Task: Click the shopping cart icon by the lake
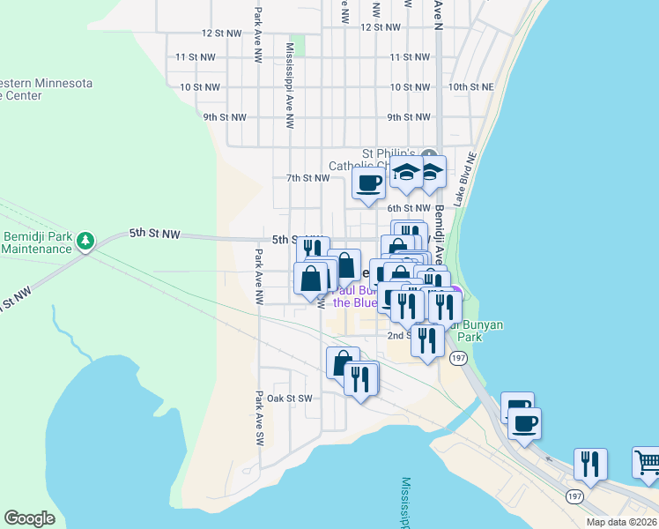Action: pyautogui.click(x=647, y=461)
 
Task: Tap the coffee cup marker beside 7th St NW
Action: pyautogui.click(x=368, y=184)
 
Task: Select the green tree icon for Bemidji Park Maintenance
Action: pyautogui.click(x=85, y=241)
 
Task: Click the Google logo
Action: pyautogui.click(x=29, y=518)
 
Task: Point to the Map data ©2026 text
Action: pyautogui.click(x=622, y=522)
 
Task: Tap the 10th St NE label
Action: pyautogui.click(x=470, y=87)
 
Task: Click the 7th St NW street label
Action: pyautogui.click(x=307, y=178)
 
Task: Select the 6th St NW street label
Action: pyautogui.click(x=409, y=208)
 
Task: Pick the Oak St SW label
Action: pyautogui.click(x=290, y=399)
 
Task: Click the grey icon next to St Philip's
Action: pyautogui.click(x=428, y=152)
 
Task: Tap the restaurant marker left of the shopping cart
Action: pyautogui.click(x=589, y=464)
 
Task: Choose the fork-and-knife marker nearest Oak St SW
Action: pyautogui.click(x=360, y=379)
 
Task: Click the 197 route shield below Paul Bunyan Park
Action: pyautogui.click(x=457, y=358)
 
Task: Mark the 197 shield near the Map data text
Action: pyautogui.click(x=574, y=497)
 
